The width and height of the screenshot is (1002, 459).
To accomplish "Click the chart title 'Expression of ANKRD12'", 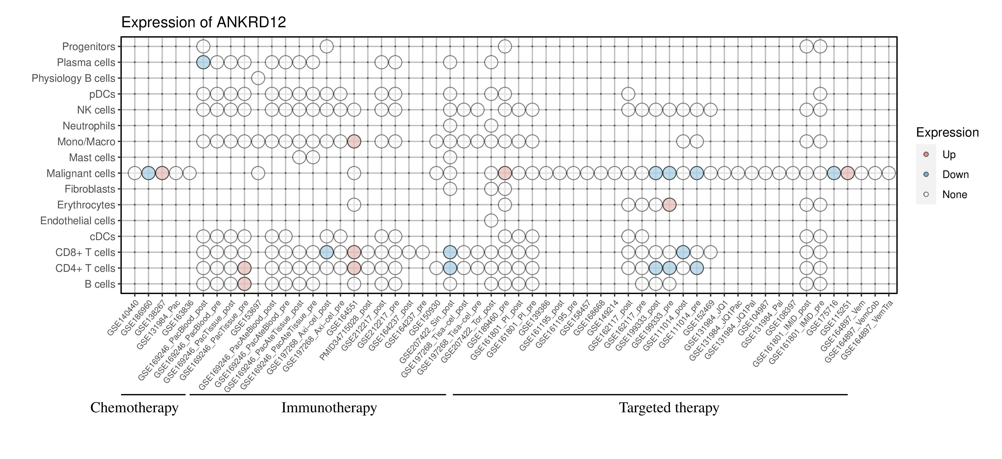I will point(203,23).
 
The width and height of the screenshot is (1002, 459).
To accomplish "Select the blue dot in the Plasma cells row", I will point(203,62).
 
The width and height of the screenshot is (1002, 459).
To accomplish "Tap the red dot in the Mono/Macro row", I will point(354,142).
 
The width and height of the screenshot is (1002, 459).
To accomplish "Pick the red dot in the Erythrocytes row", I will point(669,205).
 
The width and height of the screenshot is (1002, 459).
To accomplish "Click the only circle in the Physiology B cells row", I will point(258,78).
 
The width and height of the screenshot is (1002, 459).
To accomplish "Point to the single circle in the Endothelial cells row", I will point(491,221).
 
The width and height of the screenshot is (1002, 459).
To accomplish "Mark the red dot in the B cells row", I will point(244,284).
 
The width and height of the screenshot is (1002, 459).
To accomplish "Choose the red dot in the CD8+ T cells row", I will point(354,252).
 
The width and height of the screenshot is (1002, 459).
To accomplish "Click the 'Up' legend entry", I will point(949,155).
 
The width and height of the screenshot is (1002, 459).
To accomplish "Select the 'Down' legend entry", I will point(955,174).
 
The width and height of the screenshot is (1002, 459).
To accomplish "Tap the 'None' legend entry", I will point(954,195).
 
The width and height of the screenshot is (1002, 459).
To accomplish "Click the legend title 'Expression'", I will point(947,132).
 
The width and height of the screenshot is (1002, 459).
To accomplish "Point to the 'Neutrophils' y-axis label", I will point(89,126).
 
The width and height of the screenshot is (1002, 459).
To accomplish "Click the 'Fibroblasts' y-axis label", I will point(90,189).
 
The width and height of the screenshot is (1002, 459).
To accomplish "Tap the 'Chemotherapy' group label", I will point(134,408).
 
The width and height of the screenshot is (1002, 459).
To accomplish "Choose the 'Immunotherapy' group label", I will point(329,408).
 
